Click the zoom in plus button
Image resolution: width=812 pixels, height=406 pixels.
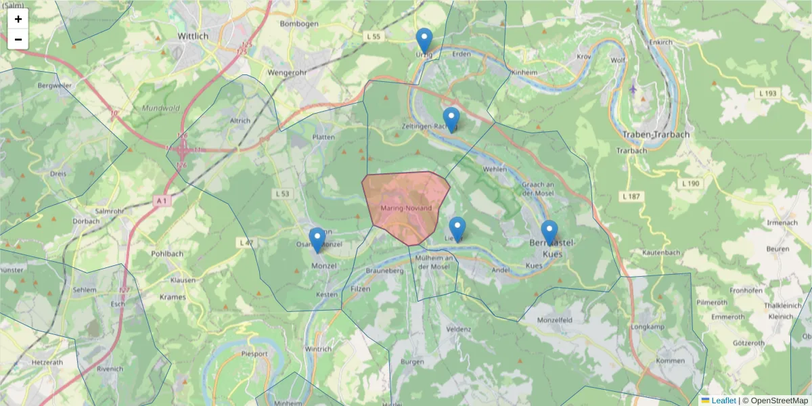tap(18, 19)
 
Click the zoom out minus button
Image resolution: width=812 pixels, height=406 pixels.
tap(18, 39)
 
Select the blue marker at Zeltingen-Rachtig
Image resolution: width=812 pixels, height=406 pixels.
tap(451, 120)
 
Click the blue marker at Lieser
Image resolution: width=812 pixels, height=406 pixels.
tap(457, 229)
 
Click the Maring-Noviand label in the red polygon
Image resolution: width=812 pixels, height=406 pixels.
tap(406, 208)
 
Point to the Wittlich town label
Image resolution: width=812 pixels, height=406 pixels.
tap(193, 35)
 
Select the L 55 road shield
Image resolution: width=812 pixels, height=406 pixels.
tap(373, 36)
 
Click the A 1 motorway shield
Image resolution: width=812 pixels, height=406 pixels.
tap(161, 201)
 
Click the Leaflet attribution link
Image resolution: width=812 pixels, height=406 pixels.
tap(723, 401)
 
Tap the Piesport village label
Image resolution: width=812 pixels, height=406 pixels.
tap(254, 353)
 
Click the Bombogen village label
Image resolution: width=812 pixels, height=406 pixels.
tap(299, 24)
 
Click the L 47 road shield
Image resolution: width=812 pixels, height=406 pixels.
tap(246, 242)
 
